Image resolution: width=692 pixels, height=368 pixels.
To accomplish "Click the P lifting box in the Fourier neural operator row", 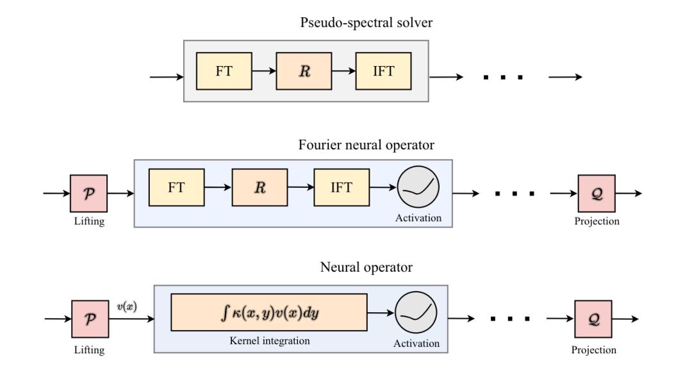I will tap(88, 193).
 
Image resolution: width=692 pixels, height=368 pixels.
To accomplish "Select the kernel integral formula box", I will tap(268, 312).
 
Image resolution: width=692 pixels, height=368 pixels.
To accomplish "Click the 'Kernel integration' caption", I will tap(268, 340).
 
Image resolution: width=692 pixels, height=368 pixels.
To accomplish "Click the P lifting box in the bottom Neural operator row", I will tap(88, 319).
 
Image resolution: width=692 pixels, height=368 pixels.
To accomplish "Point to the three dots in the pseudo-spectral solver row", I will tap(502, 77).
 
